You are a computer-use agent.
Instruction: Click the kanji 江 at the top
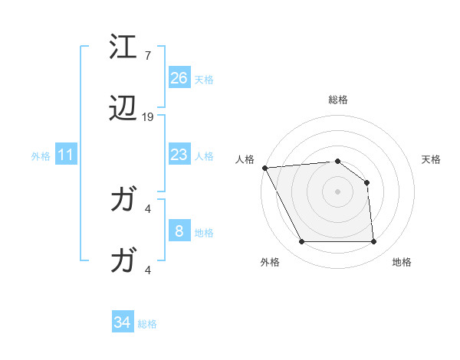coord(123,47)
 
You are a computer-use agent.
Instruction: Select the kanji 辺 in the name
coord(123,110)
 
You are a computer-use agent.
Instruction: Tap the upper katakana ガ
coord(123,201)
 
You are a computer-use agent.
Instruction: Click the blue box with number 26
coord(179,77)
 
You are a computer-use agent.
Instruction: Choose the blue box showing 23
coord(179,155)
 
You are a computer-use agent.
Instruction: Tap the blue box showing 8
coord(179,231)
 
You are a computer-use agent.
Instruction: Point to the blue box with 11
coord(66,155)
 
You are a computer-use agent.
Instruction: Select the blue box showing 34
coord(123,322)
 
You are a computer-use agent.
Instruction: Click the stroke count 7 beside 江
coord(148,56)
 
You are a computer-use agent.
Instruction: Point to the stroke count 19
coord(148,117)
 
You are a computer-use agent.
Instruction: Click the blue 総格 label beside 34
coord(147,324)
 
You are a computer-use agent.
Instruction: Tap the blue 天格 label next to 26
coord(204,80)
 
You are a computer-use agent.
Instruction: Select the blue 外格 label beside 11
coord(41,156)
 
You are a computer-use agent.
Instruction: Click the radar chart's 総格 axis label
coord(338,100)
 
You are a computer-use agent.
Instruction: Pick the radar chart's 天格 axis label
coord(432,159)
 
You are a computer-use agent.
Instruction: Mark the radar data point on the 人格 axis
coord(264,168)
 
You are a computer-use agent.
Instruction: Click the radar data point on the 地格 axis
coord(374,242)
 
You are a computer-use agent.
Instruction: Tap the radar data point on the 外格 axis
coord(301,242)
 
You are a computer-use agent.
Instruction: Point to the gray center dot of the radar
coord(338,191)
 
